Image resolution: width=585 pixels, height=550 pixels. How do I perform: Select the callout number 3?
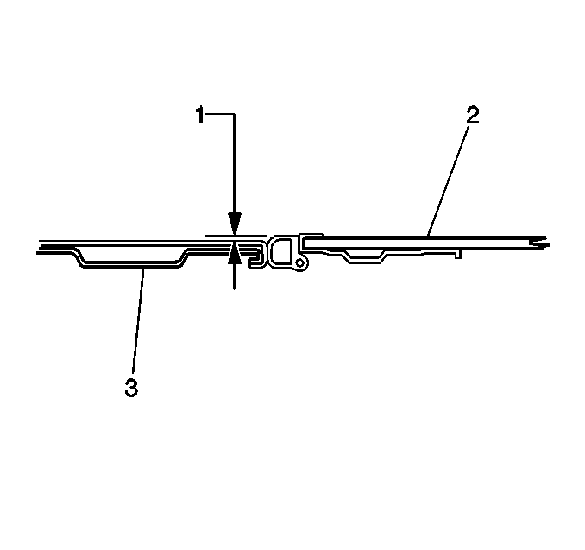pyautogui.click(x=131, y=388)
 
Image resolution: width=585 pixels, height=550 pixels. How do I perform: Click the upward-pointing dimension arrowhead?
pyautogui.click(x=234, y=252)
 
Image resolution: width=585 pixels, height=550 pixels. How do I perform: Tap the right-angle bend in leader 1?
pyautogui.click(x=234, y=113)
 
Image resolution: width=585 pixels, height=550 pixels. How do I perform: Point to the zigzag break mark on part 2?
pyautogui.click(x=540, y=242)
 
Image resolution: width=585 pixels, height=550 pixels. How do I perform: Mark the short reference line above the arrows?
pyautogui.click(x=219, y=234)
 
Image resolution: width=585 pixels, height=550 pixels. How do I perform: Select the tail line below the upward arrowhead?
pyautogui.click(x=234, y=276)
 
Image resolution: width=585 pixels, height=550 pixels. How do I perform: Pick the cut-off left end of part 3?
pyautogui.click(x=38, y=249)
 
